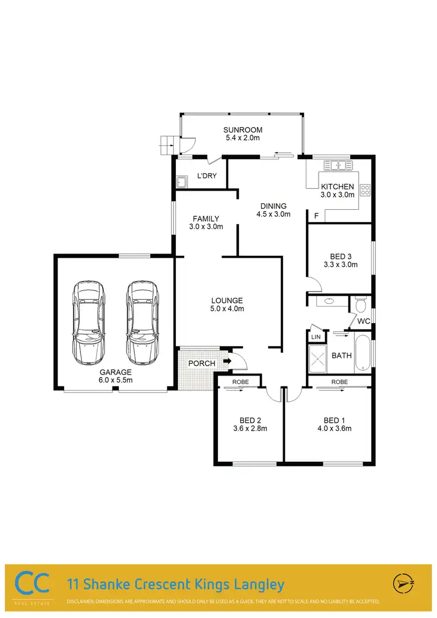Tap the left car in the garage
point(89,322)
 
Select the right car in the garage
point(142,322)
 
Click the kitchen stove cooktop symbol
point(366,190)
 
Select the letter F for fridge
point(316,216)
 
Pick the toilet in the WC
point(361,304)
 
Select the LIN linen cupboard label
point(316,338)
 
